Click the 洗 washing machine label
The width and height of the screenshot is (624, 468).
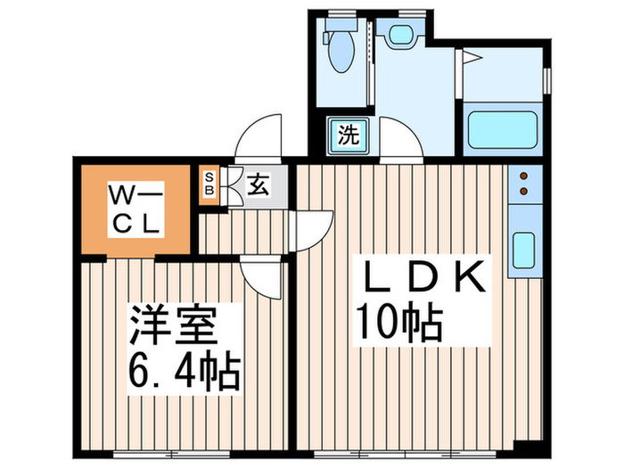(348, 135)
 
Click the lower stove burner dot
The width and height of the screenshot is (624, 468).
(523, 190)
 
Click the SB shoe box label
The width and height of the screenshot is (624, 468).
(210, 184)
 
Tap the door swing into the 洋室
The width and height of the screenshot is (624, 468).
(265, 276)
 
